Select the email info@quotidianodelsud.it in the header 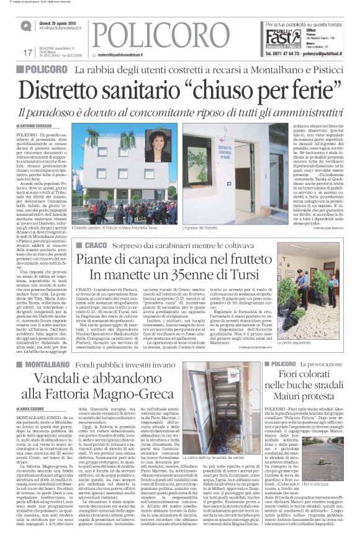pyautogui.click(x=62, y=28)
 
